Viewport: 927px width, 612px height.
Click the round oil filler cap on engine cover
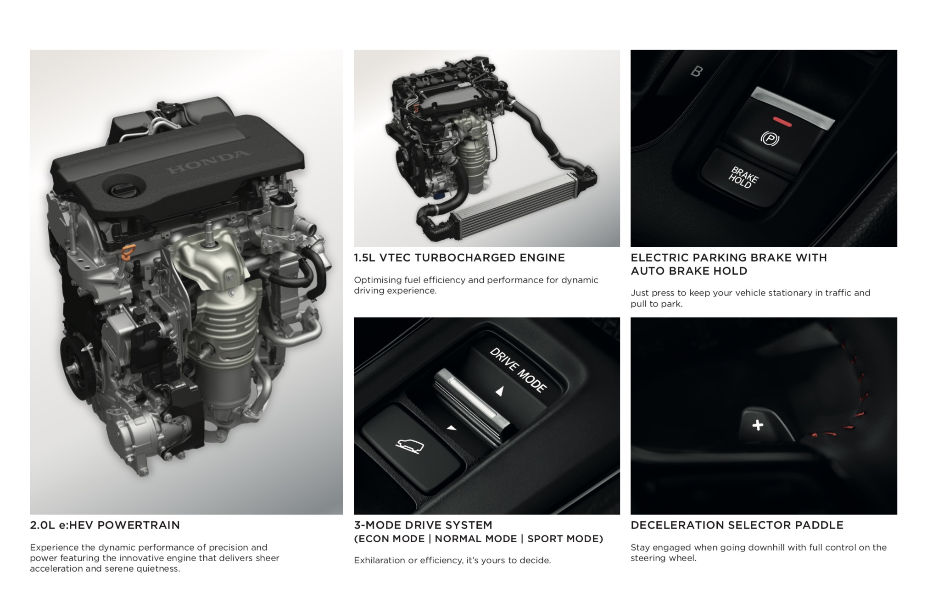123,188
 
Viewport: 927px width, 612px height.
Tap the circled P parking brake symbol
770,139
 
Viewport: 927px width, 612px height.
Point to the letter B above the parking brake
696,71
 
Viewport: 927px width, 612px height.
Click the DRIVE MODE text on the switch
518,370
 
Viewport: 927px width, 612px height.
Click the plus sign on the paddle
758,425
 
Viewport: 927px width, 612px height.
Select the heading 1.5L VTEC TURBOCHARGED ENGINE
459,258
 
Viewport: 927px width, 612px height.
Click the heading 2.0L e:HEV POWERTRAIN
105,525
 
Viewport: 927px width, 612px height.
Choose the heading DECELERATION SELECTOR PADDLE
737,525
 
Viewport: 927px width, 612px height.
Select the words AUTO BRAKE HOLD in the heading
689,271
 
